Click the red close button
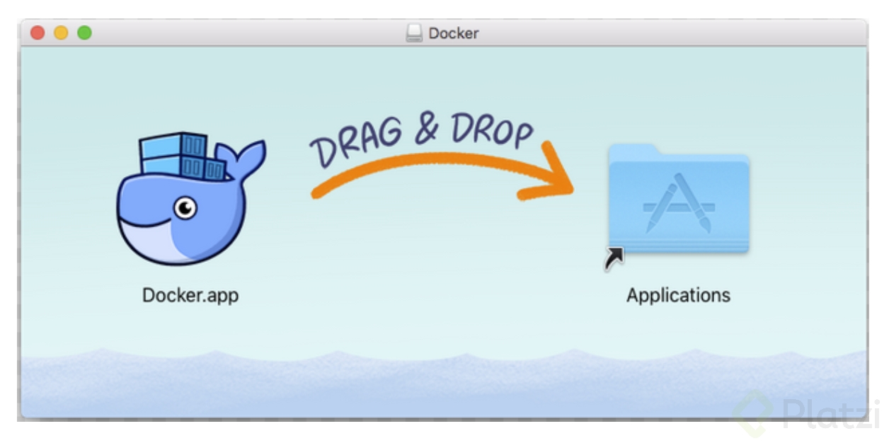click(x=38, y=33)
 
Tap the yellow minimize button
click(x=61, y=33)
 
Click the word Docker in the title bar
click(x=454, y=33)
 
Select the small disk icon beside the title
click(x=414, y=33)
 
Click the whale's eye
click(x=185, y=207)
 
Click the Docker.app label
click(x=190, y=294)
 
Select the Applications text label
click(x=678, y=294)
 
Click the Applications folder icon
click(x=678, y=202)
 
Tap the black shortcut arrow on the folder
click(x=614, y=258)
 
